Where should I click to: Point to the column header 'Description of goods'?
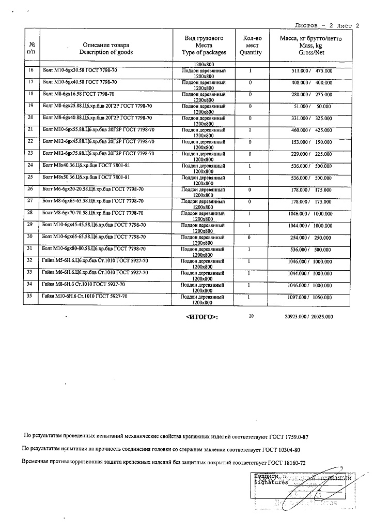pyautogui.click(x=106, y=52)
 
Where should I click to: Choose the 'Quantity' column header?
pyautogui.click(x=251, y=52)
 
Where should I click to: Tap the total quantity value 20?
pyautogui.click(x=251, y=316)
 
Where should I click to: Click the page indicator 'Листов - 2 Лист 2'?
pyautogui.click(x=326, y=24)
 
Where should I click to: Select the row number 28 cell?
pyautogui.click(x=30, y=213)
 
